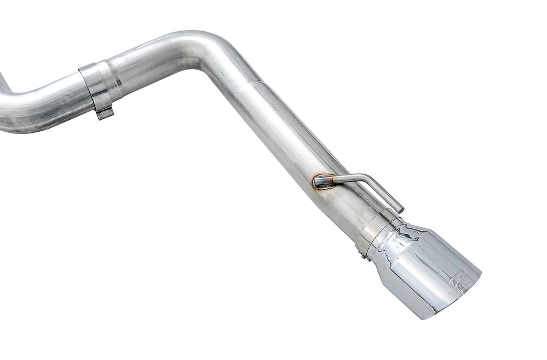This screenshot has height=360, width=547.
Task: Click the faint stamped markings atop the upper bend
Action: pyautogui.click(x=175, y=36)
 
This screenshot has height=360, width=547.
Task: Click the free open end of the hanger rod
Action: pyautogui.click(x=400, y=209)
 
